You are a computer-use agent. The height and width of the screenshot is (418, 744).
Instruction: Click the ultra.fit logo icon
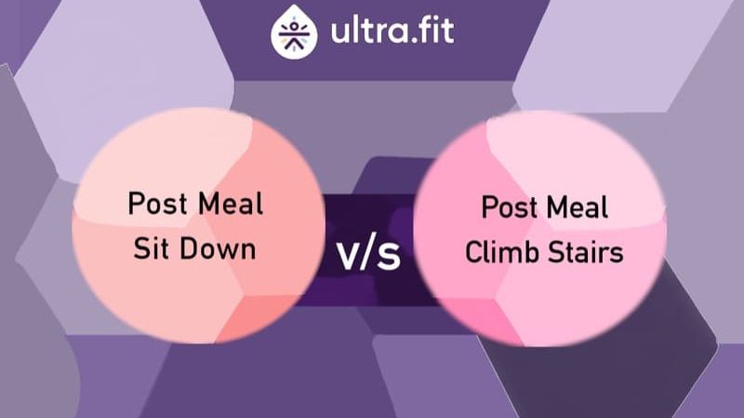click(x=294, y=33)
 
